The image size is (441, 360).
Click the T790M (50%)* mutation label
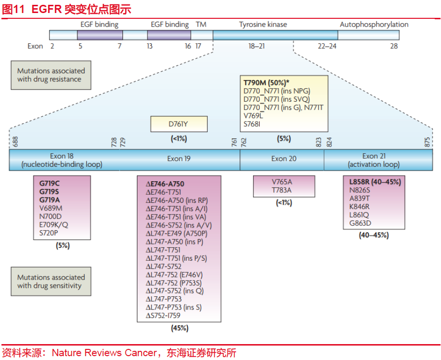[x=267, y=83]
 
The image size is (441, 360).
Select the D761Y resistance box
[x=179, y=124]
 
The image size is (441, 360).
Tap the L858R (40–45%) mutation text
[x=375, y=182]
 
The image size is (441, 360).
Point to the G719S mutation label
[x=49, y=192]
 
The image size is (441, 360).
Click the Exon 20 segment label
[x=284, y=159]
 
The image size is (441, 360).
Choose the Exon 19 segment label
[x=179, y=159]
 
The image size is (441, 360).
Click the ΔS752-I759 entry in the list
[x=163, y=316]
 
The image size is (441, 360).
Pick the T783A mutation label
[x=281, y=190]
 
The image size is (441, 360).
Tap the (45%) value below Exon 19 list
[x=180, y=328]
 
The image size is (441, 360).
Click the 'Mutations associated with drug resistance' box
[x=51, y=75]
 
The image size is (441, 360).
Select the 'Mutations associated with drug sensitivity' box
[x=51, y=281]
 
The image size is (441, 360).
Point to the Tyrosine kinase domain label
[x=263, y=25]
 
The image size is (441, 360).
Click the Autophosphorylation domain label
[x=374, y=25]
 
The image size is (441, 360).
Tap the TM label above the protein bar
[x=201, y=25]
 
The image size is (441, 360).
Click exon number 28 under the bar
[x=394, y=46]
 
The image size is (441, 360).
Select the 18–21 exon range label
[x=256, y=46]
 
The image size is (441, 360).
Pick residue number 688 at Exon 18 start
[x=15, y=142]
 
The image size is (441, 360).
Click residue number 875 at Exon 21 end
[x=427, y=142]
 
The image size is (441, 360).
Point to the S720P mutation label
[x=49, y=233]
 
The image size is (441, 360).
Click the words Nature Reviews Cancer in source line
[x=104, y=353]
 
